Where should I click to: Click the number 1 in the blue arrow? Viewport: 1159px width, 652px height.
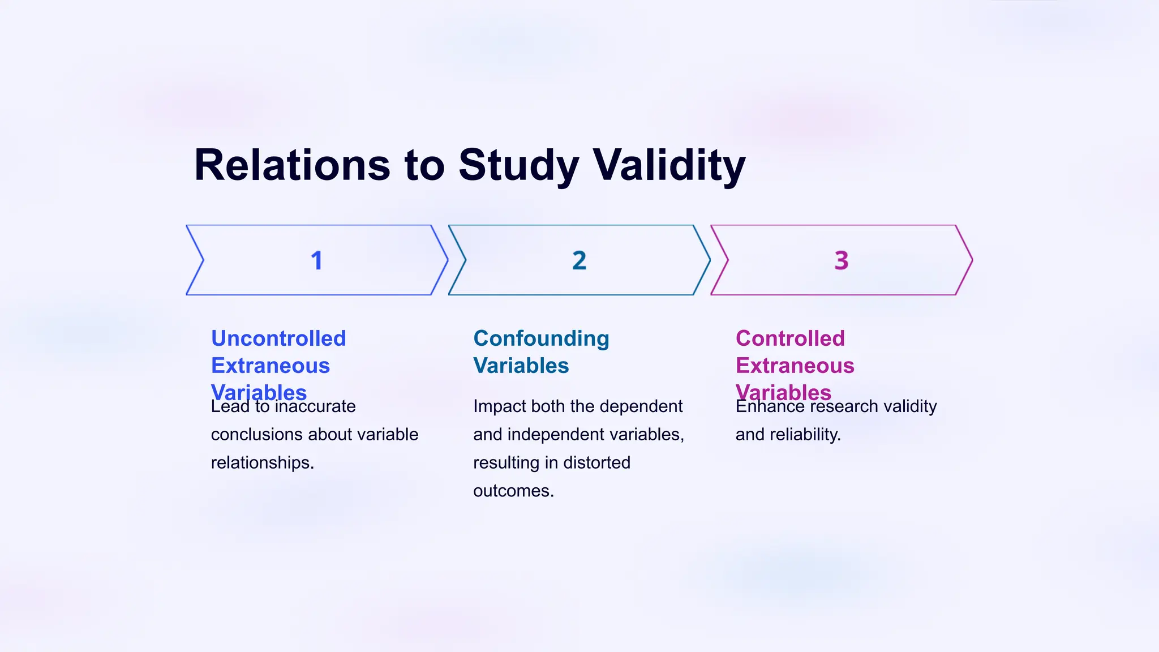[316, 260]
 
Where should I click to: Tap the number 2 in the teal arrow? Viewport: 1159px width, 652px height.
[579, 260]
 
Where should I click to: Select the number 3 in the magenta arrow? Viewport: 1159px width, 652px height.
[841, 260]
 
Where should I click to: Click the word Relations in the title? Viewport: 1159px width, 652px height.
[292, 165]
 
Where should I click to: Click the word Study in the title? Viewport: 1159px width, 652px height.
[518, 165]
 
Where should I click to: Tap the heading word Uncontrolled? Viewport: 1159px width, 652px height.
[278, 338]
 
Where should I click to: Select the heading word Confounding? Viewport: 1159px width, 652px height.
[541, 338]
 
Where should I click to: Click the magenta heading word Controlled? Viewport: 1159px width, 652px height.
[790, 338]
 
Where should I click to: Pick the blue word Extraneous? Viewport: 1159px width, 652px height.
[271, 366]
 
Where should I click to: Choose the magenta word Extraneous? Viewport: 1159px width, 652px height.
[795, 366]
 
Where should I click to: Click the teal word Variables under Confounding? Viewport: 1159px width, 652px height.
[521, 366]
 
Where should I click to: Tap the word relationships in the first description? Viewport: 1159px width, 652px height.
[262, 462]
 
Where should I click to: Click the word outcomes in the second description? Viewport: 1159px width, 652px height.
[513, 490]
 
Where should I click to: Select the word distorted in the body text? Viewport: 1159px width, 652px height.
[596, 462]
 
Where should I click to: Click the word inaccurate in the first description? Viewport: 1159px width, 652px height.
[315, 406]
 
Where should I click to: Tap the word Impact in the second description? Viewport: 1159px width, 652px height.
[495, 406]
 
